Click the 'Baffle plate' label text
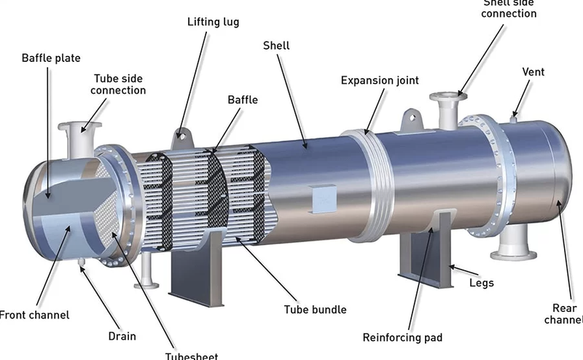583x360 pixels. [51, 58]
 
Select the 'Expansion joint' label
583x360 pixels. [380, 80]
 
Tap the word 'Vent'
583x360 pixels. [533, 72]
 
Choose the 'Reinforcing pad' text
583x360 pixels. [402, 337]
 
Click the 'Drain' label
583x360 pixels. [123, 337]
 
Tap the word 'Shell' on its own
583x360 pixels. [276, 46]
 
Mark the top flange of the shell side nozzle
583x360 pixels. [445, 97]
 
